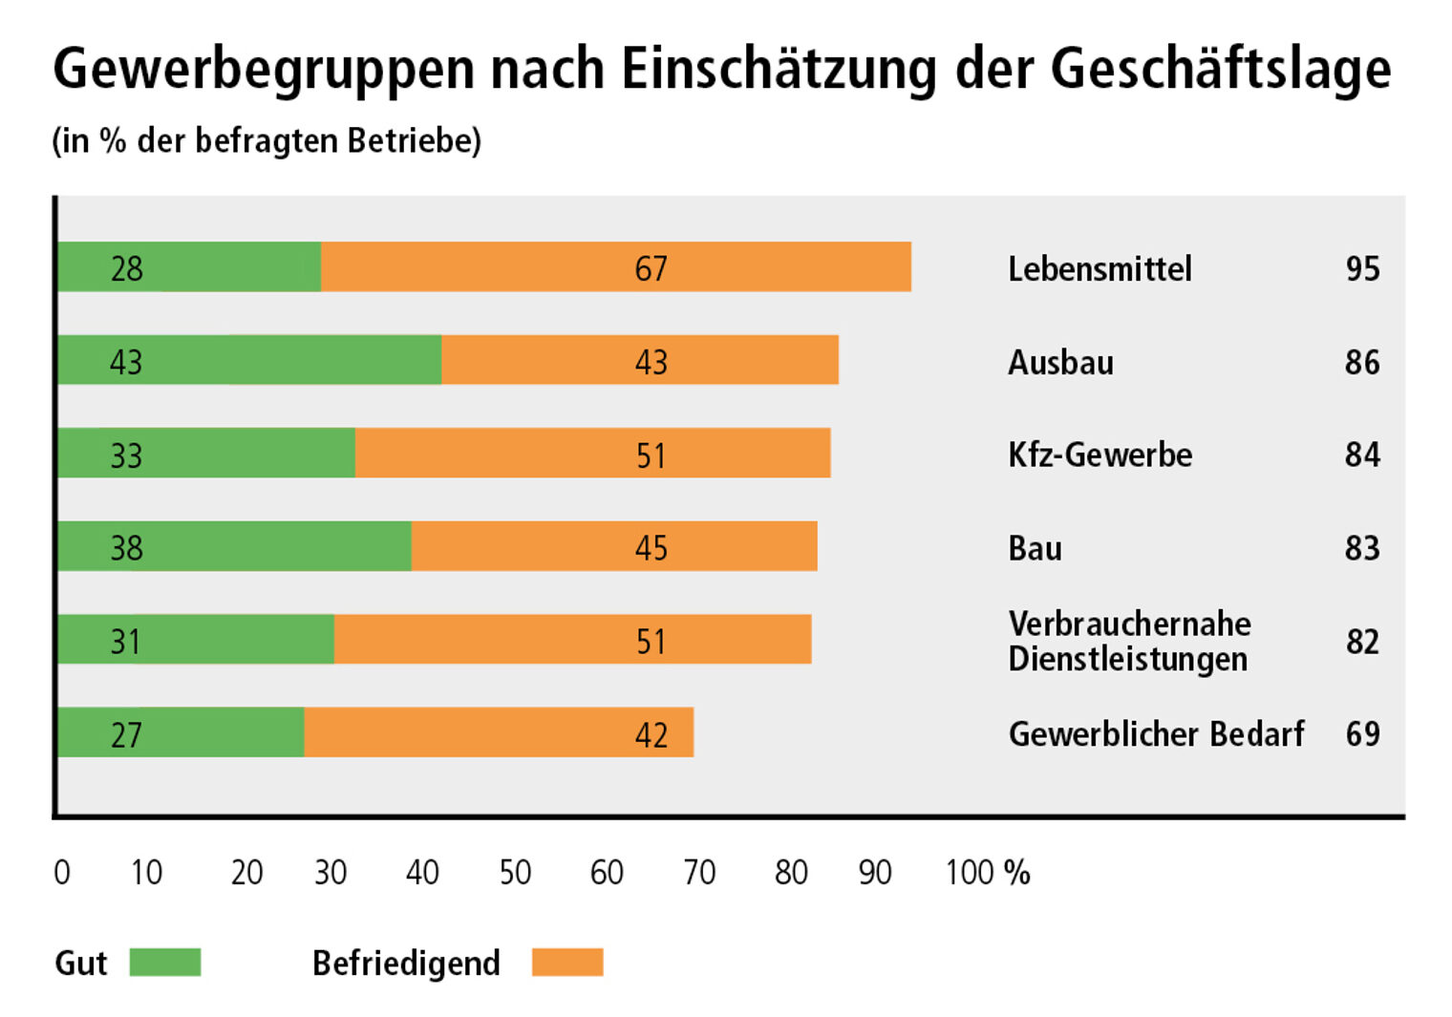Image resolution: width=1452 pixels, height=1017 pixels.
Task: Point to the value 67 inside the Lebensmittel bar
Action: click(651, 268)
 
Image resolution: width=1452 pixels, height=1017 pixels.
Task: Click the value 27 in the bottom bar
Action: click(126, 734)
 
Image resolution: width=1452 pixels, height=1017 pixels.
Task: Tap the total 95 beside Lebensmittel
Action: click(1362, 268)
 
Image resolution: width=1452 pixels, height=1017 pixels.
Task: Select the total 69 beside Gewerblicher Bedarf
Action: click(1362, 733)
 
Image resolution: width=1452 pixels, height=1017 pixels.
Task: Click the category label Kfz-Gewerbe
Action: click(1100, 455)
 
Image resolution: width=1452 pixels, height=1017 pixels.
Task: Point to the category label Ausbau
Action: click(1060, 362)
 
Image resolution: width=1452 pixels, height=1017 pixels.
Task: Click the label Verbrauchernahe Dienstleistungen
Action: click(1129, 641)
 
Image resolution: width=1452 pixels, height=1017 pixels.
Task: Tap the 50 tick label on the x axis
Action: click(515, 872)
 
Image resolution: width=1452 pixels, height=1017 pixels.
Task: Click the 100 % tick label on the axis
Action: click(987, 872)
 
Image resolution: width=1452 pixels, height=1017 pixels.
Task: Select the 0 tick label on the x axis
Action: click(62, 872)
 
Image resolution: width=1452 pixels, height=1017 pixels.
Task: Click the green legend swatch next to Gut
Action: click(165, 963)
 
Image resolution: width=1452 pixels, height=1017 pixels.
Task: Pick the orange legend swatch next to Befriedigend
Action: click(567, 963)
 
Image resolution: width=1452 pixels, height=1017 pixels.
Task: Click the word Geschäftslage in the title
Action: click(1220, 70)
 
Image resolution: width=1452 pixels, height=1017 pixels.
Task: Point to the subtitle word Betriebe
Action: click(414, 140)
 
